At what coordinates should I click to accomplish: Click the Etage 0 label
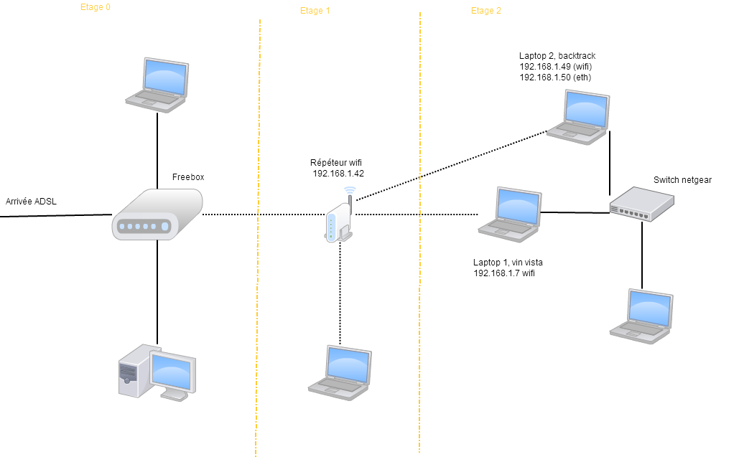click(x=95, y=7)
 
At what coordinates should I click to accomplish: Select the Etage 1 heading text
click(x=315, y=11)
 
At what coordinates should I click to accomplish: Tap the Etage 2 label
click(x=485, y=11)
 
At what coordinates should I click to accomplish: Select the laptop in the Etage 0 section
click(x=157, y=85)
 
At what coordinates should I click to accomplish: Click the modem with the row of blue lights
click(x=157, y=214)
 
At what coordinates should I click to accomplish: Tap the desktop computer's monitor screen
click(x=172, y=373)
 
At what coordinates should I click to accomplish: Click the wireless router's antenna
click(x=350, y=202)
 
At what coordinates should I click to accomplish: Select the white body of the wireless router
click(x=333, y=224)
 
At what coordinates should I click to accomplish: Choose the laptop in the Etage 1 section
click(x=340, y=372)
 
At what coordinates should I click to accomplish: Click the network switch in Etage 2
click(x=641, y=204)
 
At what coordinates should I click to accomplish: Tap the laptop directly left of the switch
click(x=510, y=215)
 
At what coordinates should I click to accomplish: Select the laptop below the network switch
click(x=641, y=316)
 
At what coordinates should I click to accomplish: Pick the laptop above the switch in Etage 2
click(x=578, y=117)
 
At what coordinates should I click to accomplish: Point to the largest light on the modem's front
click(x=164, y=227)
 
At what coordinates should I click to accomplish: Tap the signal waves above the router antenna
click(x=350, y=190)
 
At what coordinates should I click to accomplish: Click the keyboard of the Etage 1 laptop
click(x=338, y=385)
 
